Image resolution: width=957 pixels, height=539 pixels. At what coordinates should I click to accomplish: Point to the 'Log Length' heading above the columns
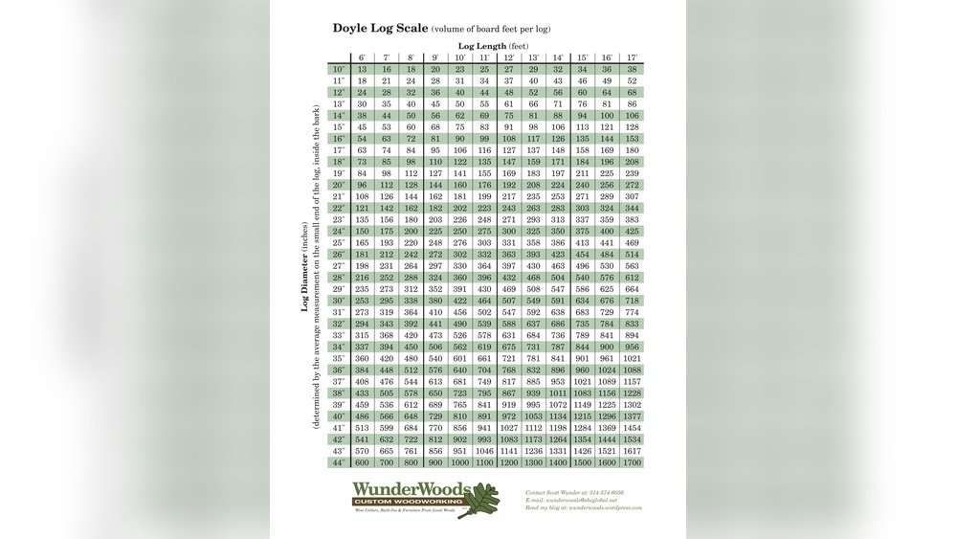pos(493,45)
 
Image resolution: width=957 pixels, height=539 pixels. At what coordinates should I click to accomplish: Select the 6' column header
pos(362,57)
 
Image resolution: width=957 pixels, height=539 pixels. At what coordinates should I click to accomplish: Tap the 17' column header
pos(632,57)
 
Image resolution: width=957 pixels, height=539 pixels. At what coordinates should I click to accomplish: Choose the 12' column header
pos(508,57)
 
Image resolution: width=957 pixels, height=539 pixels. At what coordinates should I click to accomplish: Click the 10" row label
pos(339,69)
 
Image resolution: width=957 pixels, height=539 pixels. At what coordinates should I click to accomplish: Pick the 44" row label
pos(339,462)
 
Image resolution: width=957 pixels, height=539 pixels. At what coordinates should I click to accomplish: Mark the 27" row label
pos(339,265)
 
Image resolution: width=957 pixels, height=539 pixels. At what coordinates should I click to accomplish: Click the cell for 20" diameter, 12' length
pos(508,185)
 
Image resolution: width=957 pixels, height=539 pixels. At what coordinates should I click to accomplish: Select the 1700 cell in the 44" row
pos(632,462)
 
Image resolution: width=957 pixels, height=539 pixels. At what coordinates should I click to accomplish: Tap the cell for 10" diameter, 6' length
pos(362,69)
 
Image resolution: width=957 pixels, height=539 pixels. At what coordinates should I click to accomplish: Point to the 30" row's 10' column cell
pos(459,301)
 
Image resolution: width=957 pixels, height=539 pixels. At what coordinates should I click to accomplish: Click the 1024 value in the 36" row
pos(607,370)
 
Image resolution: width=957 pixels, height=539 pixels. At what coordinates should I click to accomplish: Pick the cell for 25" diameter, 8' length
pos(411,242)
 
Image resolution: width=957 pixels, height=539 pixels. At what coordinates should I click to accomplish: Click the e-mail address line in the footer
pos(572,500)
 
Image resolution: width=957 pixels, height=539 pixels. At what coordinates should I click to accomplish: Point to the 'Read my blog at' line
pos(584,508)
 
